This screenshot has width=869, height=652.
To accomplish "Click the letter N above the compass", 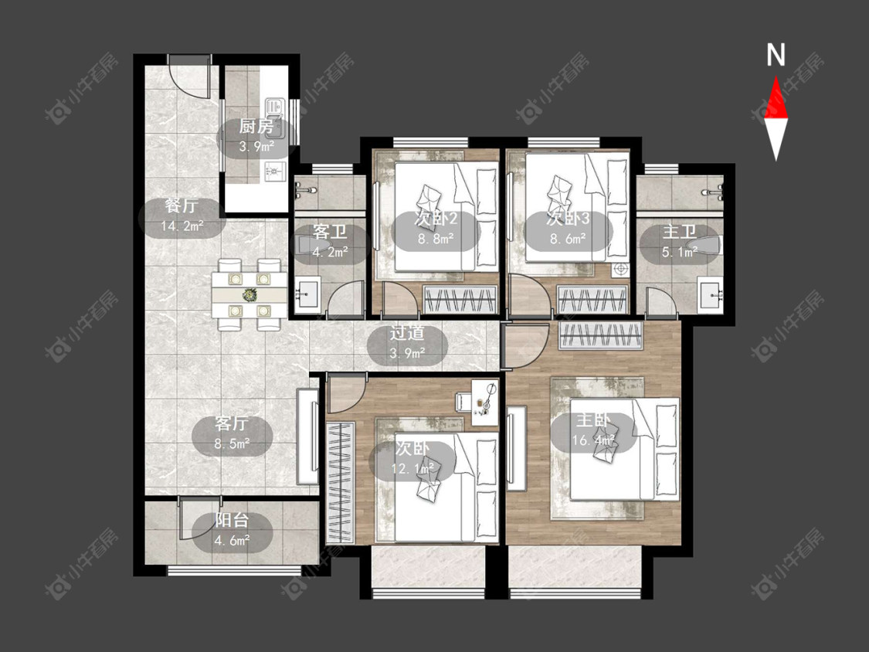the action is [x=776, y=55].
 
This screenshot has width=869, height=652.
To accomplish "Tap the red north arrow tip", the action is [x=776, y=77].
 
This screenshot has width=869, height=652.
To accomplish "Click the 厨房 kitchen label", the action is [x=256, y=127].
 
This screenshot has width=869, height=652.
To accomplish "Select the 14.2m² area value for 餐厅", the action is [x=182, y=226].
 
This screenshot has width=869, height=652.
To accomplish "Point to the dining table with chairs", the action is [x=249, y=294].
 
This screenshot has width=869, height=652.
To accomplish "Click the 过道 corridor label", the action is [x=407, y=333].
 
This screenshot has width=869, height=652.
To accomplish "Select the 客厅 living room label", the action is [x=232, y=423].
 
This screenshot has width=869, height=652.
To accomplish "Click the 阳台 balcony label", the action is [x=232, y=520].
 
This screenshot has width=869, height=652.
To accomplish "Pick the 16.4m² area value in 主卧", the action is [x=593, y=440].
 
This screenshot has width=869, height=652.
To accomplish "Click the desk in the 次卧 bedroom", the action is [x=485, y=403].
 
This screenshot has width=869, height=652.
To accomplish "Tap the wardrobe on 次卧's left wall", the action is [x=341, y=483].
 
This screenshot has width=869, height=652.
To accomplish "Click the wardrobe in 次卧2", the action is [x=460, y=300].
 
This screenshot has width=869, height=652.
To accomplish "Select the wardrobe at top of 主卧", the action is [x=601, y=336].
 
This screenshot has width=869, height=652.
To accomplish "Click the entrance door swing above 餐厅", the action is [x=190, y=77].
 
